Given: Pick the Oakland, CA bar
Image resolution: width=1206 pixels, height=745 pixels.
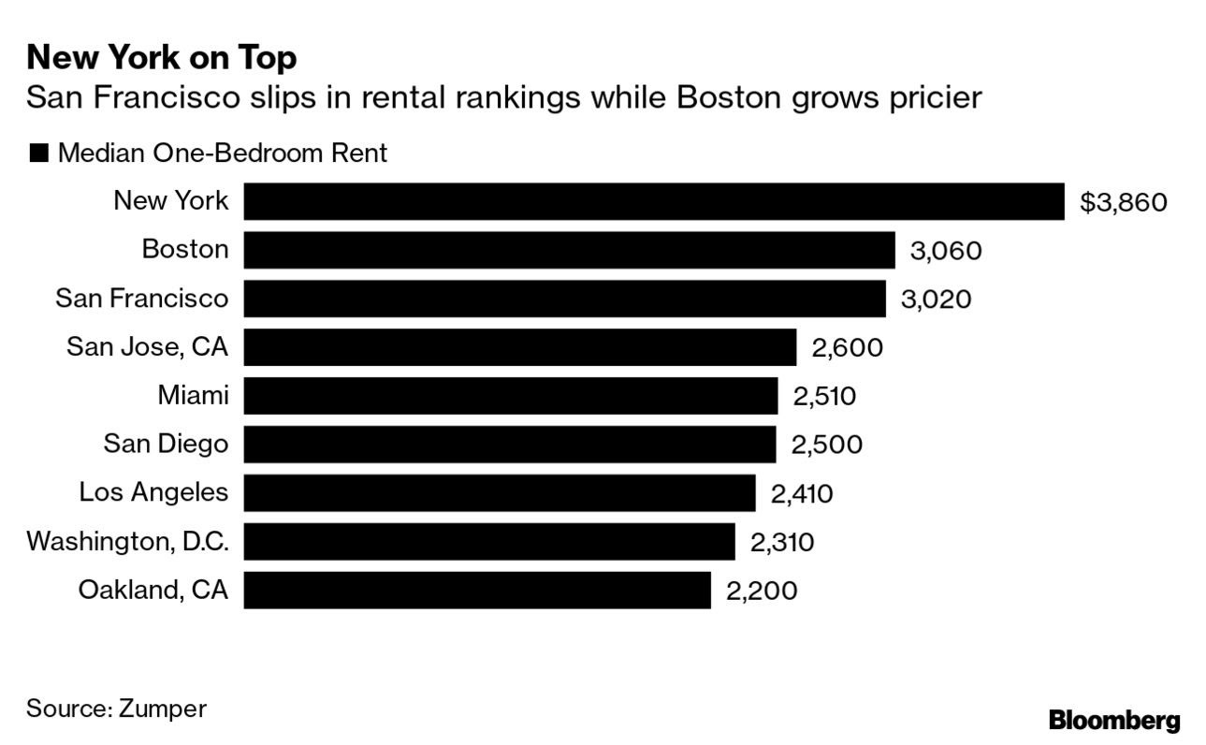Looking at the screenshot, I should [477, 591].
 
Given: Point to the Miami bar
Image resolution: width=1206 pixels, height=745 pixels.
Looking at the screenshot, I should [510, 396].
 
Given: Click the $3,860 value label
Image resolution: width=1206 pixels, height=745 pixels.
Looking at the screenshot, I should [1123, 202].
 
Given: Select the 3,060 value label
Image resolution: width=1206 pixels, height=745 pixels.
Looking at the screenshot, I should [945, 251].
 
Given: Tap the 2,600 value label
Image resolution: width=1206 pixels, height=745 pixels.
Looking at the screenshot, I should [847, 348].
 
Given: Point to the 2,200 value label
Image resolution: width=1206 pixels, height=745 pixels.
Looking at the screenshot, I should [762, 592].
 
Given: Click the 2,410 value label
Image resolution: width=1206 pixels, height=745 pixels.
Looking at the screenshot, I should [801, 493].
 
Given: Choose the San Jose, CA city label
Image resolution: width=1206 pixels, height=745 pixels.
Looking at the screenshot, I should [147, 347].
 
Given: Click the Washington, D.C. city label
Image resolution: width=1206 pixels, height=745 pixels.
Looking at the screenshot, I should [127, 542].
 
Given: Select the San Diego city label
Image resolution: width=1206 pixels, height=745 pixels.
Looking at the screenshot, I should [166, 444].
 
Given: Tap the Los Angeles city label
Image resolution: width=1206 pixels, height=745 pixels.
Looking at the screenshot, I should [153, 492].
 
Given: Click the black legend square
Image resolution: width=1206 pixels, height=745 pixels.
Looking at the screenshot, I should [38, 154].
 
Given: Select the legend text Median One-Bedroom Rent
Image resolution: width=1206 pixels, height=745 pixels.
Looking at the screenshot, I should [222, 153].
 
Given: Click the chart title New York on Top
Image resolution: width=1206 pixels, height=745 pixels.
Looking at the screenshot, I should [162, 58].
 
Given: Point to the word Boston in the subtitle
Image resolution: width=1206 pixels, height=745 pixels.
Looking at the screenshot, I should [725, 97].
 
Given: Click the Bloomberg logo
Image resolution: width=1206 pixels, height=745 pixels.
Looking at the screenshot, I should [1114, 721].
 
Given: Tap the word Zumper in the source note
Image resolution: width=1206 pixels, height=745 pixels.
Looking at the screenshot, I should [162, 708].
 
